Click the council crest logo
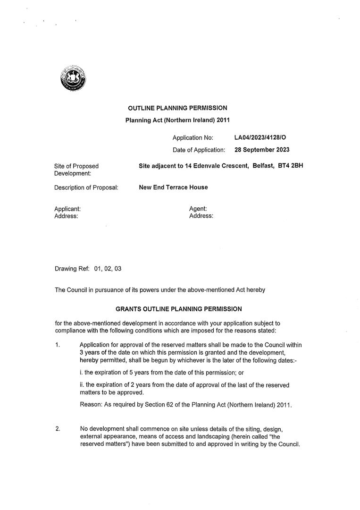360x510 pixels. click(73, 79)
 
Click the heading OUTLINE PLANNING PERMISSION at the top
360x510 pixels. click(177, 108)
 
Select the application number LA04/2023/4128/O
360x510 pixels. click(260, 138)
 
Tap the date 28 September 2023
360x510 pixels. click(262, 150)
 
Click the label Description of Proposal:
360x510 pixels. click(86, 187)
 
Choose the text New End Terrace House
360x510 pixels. click(173, 187)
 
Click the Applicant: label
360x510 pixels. click(67, 209)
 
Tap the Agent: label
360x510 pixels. click(198, 209)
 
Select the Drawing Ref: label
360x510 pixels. click(72, 269)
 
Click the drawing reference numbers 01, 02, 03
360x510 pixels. click(108, 269)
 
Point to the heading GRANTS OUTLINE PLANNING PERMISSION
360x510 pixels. click(179, 309)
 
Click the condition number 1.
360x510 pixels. click(58, 345)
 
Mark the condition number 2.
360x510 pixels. click(58, 429)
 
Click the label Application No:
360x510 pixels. click(193, 138)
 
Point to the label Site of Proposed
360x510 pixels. click(76, 166)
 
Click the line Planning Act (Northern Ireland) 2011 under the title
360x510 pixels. click(177, 120)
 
